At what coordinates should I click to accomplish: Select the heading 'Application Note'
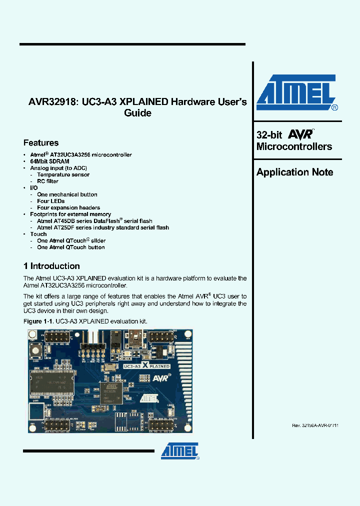point(294,172)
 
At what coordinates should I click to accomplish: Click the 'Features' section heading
point(41,143)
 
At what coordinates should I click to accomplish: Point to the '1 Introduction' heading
point(52,266)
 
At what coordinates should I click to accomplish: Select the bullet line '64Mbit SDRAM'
point(49,161)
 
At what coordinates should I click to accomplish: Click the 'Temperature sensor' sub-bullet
point(63,174)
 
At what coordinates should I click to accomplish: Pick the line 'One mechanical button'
point(67,194)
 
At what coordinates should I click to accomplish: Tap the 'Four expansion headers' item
point(68,207)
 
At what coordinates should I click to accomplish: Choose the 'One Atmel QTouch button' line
point(71,247)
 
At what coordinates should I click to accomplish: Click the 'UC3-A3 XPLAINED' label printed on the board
point(145,366)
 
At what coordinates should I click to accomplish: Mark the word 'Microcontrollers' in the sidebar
point(294,146)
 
